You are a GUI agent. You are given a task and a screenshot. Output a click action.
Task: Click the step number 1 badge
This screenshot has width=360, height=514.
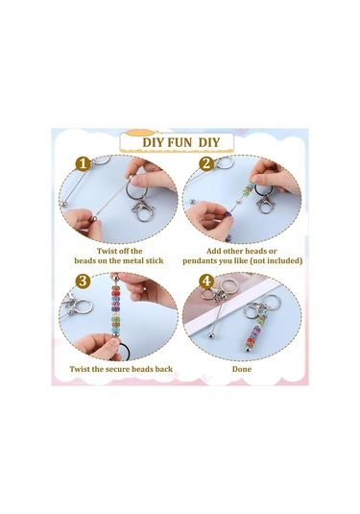84,163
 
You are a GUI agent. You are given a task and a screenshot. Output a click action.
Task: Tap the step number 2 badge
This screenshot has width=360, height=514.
206,163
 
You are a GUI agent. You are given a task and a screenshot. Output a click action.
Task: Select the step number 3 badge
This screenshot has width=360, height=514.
83,281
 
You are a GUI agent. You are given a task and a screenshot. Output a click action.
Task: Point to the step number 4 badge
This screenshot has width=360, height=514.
206,281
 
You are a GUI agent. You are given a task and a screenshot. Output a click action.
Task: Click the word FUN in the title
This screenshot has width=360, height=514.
180,142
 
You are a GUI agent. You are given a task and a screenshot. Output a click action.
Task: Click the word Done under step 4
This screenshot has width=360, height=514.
242,369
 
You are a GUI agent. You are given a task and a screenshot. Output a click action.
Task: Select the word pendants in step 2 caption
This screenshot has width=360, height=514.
198,261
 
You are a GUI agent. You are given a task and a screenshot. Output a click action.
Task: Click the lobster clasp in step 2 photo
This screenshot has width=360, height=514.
265,205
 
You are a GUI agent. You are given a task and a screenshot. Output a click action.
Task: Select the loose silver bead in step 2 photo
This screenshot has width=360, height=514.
192,200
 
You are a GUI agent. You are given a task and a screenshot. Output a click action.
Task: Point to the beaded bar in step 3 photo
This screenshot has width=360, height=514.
115,306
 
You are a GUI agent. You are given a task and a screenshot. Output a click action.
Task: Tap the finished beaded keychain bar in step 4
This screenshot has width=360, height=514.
254,332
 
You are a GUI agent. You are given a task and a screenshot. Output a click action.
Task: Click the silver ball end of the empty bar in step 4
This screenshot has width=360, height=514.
210,336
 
